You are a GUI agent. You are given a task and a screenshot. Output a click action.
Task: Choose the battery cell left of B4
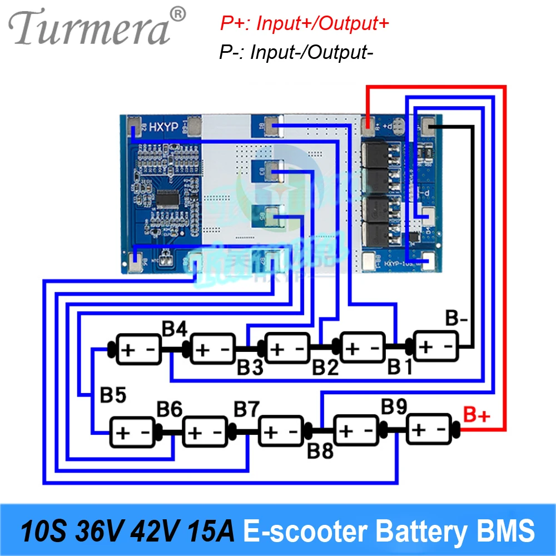[x=138, y=349]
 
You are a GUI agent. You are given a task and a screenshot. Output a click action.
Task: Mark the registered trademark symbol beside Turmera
[x=177, y=13]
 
